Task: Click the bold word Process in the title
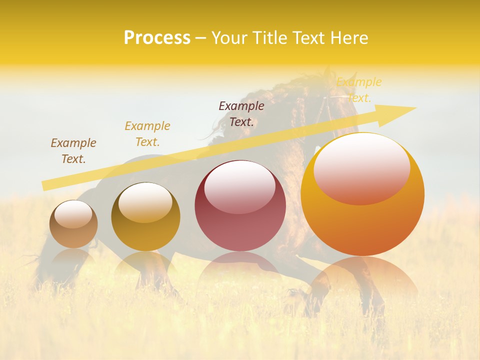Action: [x=157, y=38]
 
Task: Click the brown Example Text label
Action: [x=73, y=151]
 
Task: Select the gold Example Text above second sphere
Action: [x=147, y=134]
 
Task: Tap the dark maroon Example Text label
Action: [x=241, y=114]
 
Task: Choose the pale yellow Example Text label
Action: [x=359, y=90]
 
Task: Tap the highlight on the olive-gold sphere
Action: [x=145, y=201]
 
